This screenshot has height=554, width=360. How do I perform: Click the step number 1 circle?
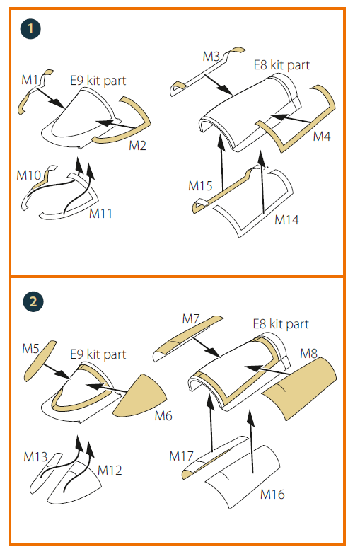point(30,28)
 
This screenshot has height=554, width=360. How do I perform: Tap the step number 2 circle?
point(33,301)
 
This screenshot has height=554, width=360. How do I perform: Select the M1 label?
point(30,80)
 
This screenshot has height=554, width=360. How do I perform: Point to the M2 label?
point(138,146)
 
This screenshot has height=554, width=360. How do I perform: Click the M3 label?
point(211,56)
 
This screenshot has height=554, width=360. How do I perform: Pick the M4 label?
point(322,137)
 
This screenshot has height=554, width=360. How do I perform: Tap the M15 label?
point(200,186)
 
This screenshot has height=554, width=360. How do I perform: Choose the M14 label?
point(286,220)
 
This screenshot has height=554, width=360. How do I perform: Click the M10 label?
point(29,175)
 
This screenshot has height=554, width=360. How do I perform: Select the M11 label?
point(100,214)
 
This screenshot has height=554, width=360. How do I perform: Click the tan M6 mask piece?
point(139,396)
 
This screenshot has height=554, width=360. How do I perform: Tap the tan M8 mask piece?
point(301,389)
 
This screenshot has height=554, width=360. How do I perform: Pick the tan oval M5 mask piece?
point(40,361)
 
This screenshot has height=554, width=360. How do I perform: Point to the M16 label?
point(272,494)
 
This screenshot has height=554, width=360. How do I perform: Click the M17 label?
point(181,456)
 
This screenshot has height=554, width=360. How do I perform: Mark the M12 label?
point(110,471)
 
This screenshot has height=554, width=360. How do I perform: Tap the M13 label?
point(35,457)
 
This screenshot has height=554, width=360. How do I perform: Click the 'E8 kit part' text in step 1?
point(281,65)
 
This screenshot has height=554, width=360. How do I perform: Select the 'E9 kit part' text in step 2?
point(98,354)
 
